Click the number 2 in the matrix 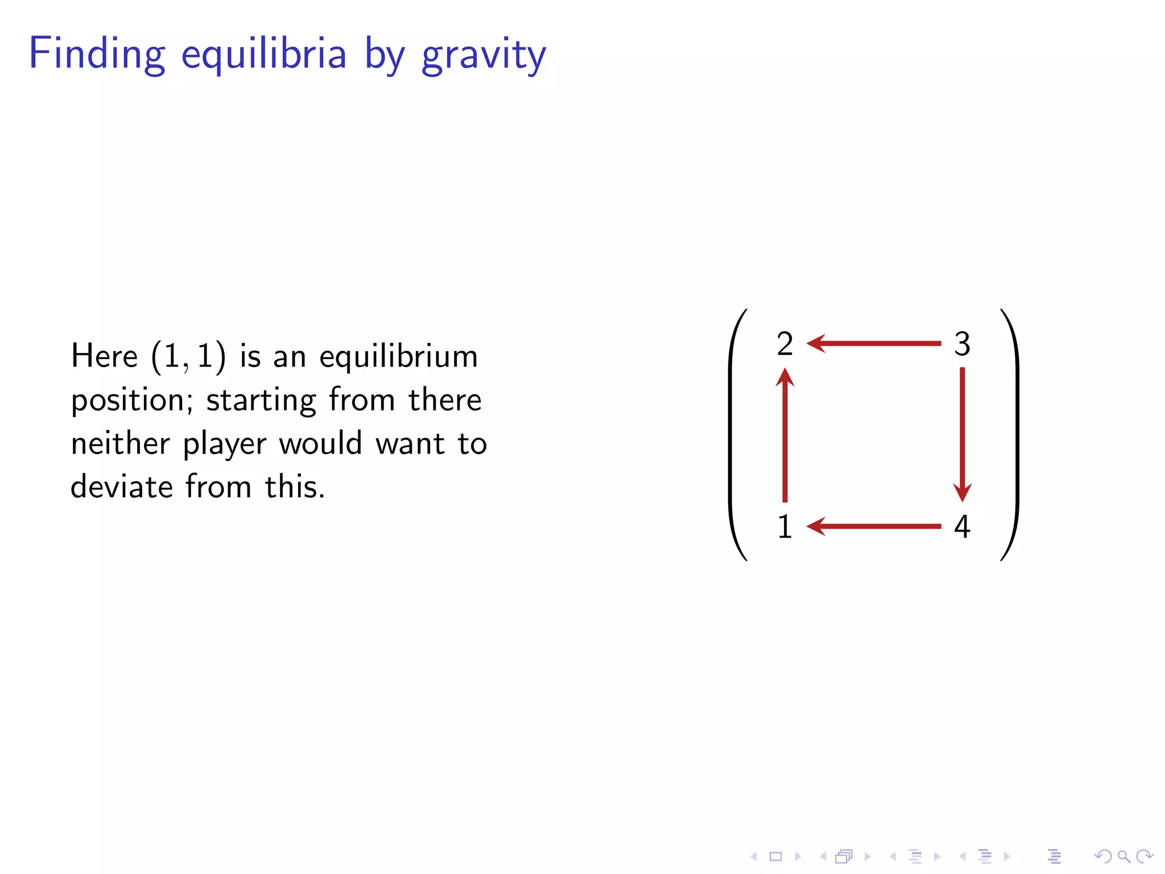[784, 344]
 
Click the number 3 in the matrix [962, 344]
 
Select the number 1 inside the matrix [784, 526]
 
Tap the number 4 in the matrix [962, 526]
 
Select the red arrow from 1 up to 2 [785, 435]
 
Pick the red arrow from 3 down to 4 [962, 435]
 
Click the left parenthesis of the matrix [734, 435]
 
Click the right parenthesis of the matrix [1013, 435]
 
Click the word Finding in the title [97, 54]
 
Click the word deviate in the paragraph [121, 487]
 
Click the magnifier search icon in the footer [1123, 856]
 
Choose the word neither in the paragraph [120, 444]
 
